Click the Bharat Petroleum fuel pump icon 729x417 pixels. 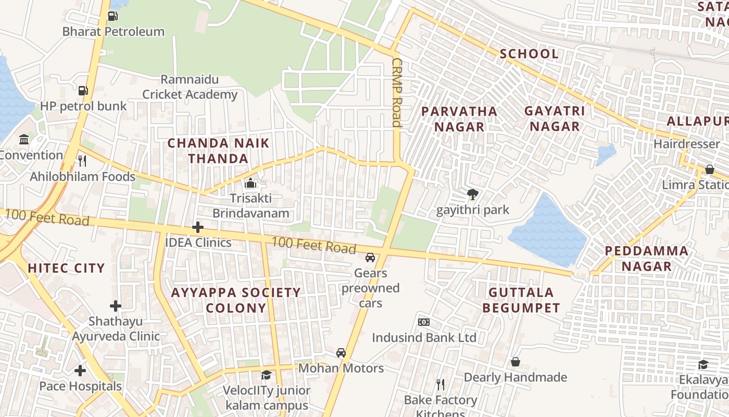click(x=112, y=16)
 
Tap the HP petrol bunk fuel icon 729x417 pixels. click(x=83, y=91)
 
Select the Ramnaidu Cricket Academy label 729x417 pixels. click(x=190, y=87)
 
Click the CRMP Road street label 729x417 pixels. click(x=397, y=92)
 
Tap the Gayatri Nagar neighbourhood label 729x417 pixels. click(x=555, y=119)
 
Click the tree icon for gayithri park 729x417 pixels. click(x=473, y=195)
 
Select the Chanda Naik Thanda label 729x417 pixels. click(x=218, y=151)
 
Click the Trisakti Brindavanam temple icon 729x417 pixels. click(x=251, y=183)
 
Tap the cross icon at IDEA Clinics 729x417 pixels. click(x=197, y=227)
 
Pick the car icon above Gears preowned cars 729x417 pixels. click(x=370, y=257)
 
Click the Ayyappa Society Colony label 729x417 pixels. click(x=236, y=300)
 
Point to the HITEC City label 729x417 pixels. click(x=66, y=268)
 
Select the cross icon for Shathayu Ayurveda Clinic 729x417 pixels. click(x=116, y=306)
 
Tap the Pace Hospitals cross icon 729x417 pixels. click(x=80, y=371)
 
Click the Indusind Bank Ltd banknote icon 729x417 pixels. click(x=424, y=322)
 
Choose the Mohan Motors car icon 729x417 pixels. click(x=341, y=353)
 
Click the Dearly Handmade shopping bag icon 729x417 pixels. click(x=515, y=362)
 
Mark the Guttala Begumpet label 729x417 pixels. click(x=521, y=300)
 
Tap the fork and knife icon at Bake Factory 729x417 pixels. click(x=441, y=385)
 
